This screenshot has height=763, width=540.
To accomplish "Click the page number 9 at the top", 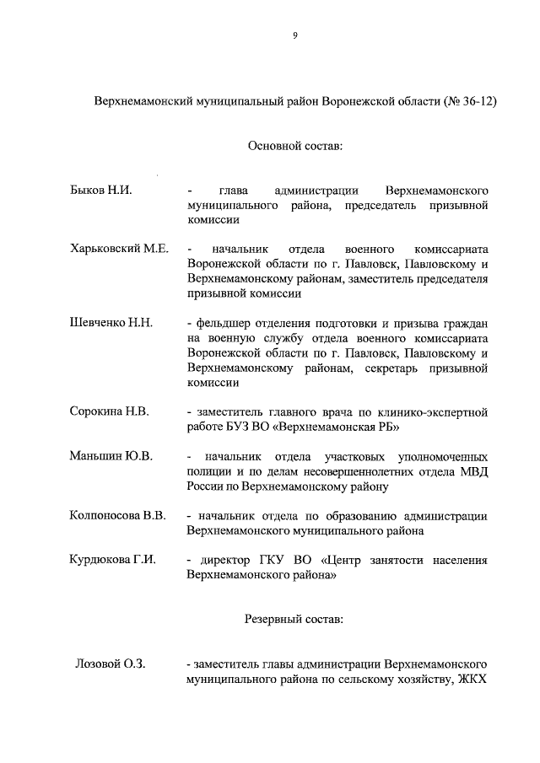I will [x=294, y=35].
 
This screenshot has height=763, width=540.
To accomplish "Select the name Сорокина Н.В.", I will [x=109, y=411].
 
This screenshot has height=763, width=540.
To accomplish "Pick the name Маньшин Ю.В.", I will [x=111, y=456].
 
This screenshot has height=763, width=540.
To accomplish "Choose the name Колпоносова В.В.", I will [x=117, y=515].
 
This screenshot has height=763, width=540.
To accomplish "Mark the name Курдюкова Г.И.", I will [x=112, y=560].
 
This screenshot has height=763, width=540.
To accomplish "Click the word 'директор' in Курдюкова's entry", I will [x=221, y=560].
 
